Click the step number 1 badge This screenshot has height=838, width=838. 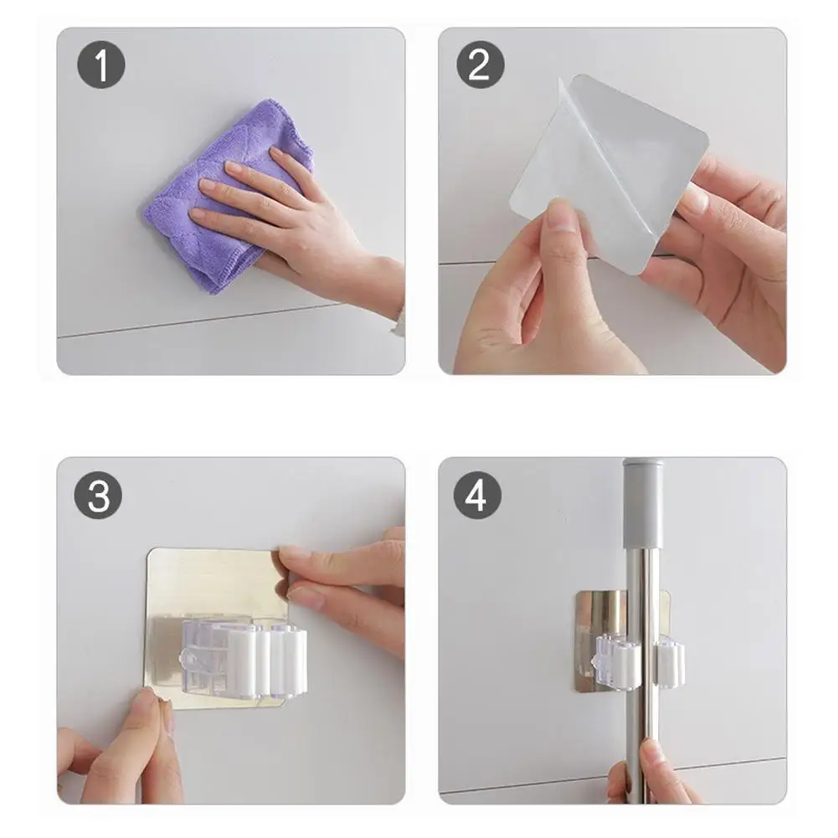(x=101, y=64)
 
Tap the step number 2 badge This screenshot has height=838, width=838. (x=480, y=64)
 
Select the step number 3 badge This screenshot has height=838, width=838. (x=98, y=495)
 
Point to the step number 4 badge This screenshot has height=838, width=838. (x=477, y=495)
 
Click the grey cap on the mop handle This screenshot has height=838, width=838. (x=644, y=503)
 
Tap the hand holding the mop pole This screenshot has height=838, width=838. (x=652, y=775)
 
